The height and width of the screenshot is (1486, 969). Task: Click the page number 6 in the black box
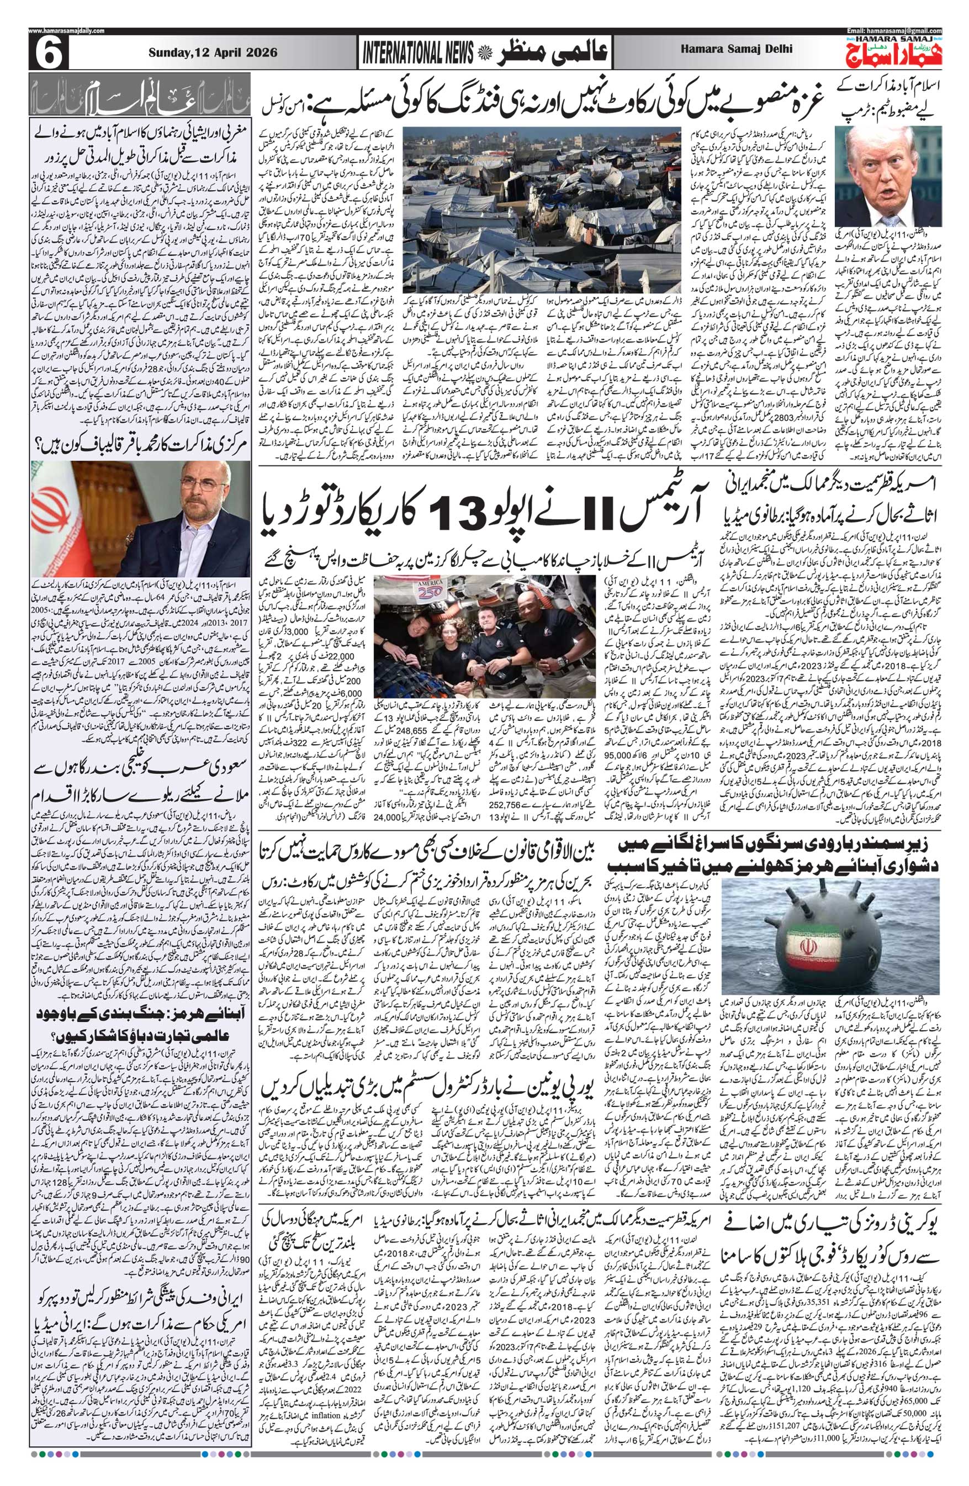click(x=47, y=54)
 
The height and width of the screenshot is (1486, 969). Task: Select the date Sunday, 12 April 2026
click(x=211, y=54)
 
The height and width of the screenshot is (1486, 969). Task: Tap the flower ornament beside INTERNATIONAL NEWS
click(x=484, y=55)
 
